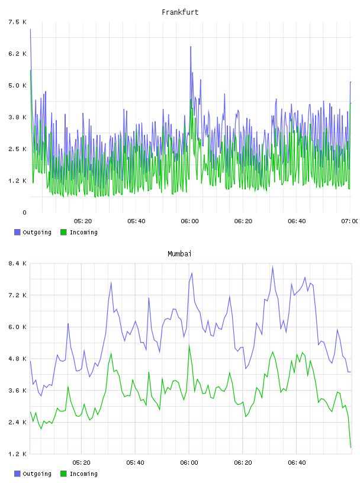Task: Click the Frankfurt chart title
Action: click(x=180, y=12)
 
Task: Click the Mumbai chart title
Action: click(x=179, y=254)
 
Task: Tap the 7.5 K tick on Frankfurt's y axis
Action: click(x=17, y=22)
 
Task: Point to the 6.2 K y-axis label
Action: click(x=17, y=54)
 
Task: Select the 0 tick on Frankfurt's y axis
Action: click(x=24, y=212)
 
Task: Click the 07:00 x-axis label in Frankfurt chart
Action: click(x=350, y=221)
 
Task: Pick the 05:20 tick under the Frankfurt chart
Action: click(x=83, y=221)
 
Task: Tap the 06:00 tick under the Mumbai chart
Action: click(x=189, y=463)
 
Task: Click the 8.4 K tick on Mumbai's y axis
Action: click(x=17, y=263)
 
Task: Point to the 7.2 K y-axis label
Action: click(x=17, y=295)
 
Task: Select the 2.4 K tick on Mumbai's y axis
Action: click(x=17, y=422)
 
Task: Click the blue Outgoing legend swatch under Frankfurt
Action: click(x=17, y=232)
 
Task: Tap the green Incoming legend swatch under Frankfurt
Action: click(x=63, y=232)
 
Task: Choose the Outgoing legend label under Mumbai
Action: click(x=37, y=474)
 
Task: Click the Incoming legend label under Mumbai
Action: click(x=83, y=474)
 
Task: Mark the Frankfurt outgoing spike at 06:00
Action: click(x=191, y=47)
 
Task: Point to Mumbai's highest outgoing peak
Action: click(x=272, y=267)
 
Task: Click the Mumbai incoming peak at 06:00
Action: click(x=189, y=346)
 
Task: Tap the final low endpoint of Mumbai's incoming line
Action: click(x=351, y=447)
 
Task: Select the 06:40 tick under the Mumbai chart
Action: click(x=297, y=463)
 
